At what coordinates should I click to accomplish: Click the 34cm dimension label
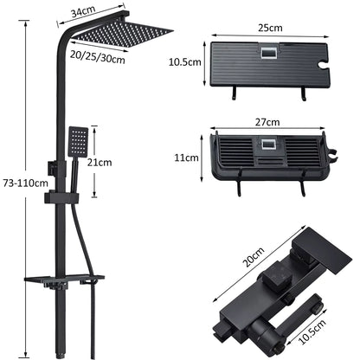click(x=83, y=12)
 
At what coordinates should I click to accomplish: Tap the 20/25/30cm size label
click(x=98, y=56)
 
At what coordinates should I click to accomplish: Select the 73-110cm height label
click(x=26, y=183)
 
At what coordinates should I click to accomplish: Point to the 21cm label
click(x=100, y=163)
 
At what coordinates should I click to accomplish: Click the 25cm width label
click(x=270, y=28)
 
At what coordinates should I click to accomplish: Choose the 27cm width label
click(x=267, y=122)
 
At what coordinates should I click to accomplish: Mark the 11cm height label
click(x=186, y=157)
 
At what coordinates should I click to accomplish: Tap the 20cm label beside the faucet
click(x=253, y=257)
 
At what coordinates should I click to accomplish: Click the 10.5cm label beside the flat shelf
click(x=184, y=62)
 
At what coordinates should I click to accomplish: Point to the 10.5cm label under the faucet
click(x=312, y=331)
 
